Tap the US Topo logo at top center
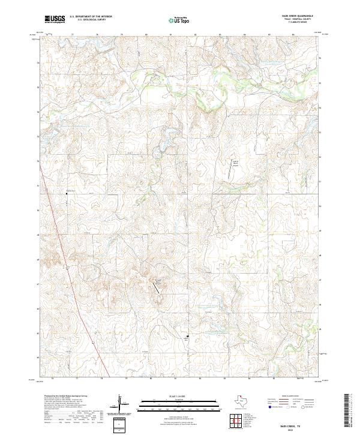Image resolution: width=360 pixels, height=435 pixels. coord(181,19)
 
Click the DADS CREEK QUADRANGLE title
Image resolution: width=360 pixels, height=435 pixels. coord(292,16)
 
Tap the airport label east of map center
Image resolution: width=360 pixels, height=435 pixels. coord(236,162)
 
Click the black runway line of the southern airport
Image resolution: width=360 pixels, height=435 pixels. coord(157,287)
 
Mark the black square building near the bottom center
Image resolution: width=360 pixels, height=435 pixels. coord(187,337)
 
